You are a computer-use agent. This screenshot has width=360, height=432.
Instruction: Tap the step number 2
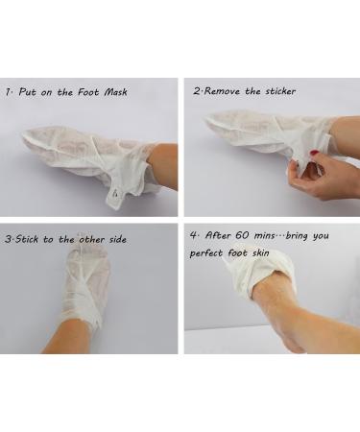196,92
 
